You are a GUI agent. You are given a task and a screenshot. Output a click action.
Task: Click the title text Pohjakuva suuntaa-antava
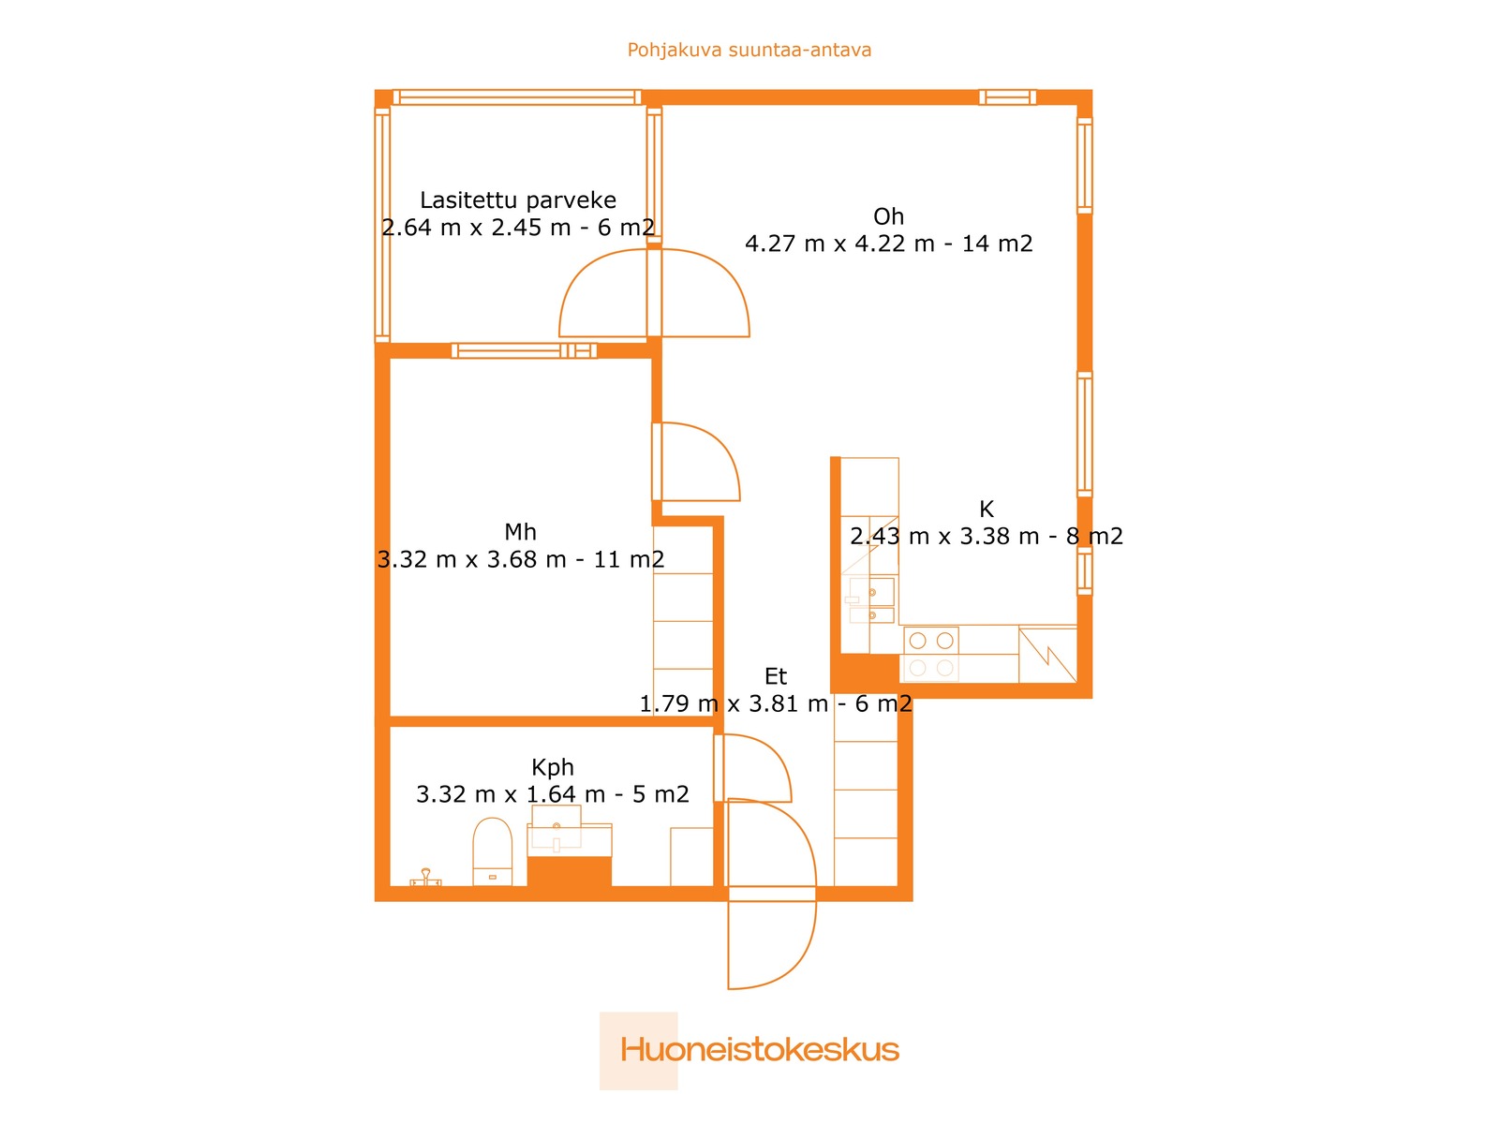[749, 50]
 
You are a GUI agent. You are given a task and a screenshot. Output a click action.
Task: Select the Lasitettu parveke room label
[518, 200]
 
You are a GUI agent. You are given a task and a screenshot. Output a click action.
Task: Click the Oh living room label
[888, 216]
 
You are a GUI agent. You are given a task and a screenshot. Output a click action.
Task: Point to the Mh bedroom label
[520, 532]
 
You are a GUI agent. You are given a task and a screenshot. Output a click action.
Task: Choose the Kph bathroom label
[553, 767]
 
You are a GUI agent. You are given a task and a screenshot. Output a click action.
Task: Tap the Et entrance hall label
[776, 675]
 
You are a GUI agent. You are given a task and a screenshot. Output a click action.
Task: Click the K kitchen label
[987, 510]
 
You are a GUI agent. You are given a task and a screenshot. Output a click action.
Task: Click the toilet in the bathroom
[493, 851]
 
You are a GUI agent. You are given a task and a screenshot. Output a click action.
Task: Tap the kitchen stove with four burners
[931, 654]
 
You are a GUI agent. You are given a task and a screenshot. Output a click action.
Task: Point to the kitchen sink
[870, 600]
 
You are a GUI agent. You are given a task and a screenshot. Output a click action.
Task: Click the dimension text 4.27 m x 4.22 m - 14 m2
[888, 244]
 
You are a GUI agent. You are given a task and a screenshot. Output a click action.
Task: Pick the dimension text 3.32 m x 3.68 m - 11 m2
[520, 559]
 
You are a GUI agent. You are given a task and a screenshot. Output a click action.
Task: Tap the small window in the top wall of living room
[1007, 97]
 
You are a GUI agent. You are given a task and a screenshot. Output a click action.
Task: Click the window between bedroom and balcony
[524, 350]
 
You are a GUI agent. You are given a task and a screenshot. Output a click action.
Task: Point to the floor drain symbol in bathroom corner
[425, 878]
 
